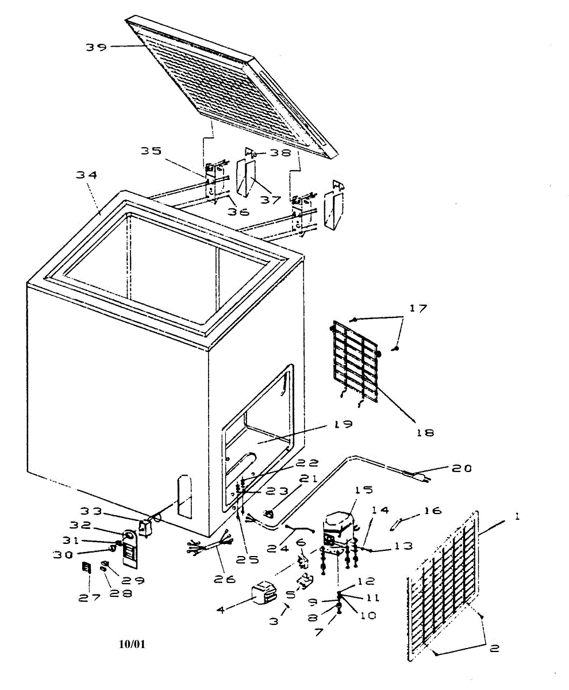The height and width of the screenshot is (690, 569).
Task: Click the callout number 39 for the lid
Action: point(96,47)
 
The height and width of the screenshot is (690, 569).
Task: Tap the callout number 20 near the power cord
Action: point(462,469)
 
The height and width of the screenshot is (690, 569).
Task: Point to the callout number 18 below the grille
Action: point(425,432)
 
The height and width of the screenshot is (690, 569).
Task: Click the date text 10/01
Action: point(132,644)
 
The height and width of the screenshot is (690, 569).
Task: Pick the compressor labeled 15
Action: point(338,524)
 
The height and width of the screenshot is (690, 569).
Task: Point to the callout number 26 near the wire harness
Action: point(224,579)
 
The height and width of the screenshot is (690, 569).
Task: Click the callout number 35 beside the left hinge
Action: point(151,151)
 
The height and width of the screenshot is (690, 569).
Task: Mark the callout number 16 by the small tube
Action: point(433,511)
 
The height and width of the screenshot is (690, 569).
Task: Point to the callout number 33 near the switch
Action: point(90,511)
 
